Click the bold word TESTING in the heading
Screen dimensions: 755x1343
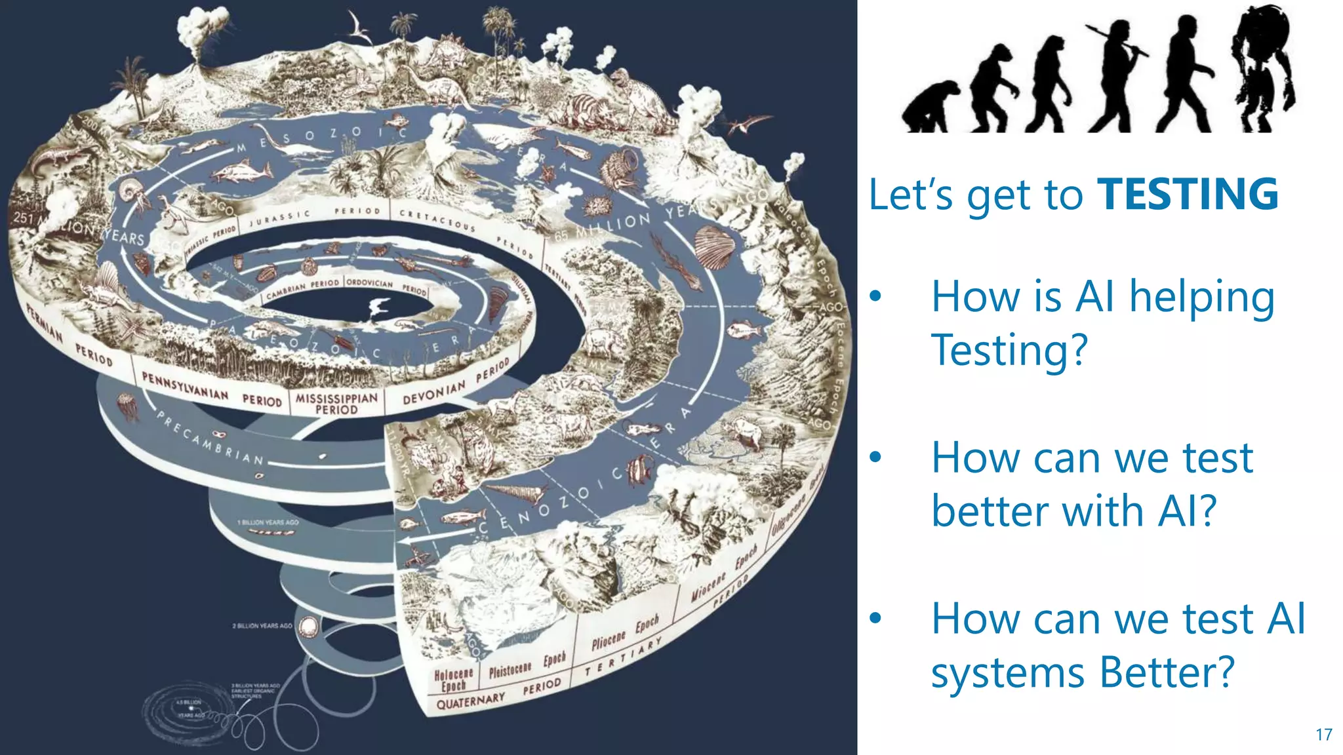coord(1188,194)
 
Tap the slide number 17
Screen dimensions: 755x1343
coord(1323,735)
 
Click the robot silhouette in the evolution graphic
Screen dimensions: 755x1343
coord(1262,69)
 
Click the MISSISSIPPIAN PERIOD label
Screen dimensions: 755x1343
coord(336,403)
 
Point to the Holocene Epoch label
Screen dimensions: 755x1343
coord(453,680)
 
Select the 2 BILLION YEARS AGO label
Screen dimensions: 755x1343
coord(262,626)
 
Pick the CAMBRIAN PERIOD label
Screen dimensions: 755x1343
coord(302,288)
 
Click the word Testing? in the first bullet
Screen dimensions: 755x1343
coord(1009,350)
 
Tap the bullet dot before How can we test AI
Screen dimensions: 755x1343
coord(875,618)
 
